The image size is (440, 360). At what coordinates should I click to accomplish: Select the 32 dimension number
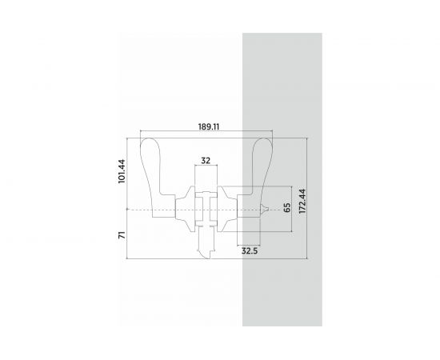(x=206, y=160)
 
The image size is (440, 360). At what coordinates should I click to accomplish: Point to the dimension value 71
(x=121, y=234)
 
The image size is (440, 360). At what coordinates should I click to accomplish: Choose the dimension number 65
(x=286, y=208)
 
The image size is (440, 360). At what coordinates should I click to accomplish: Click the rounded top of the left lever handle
(x=150, y=149)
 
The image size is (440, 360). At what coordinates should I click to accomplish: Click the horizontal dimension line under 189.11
(x=176, y=132)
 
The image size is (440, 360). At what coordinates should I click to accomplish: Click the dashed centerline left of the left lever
(x=136, y=210)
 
